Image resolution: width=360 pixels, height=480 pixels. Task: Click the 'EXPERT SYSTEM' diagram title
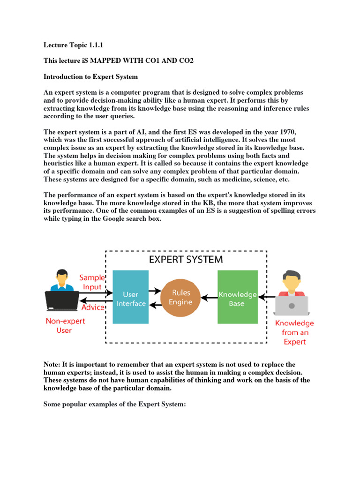pyautogui.click(x=186, y=259)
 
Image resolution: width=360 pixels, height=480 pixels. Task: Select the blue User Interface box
pyautogui.click(x=130, y=297)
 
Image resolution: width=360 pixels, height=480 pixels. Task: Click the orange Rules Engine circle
pyautogui.click(x=180, y=297)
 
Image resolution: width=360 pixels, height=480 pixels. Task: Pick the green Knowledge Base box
pyautogui.click(x=237, y=297)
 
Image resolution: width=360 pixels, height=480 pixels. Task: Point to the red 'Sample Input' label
pyautogui.click(x=92, y=282)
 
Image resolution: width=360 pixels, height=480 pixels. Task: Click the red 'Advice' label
pyautogui.click(x=93, y=307)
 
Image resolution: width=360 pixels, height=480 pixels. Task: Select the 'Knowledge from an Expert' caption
pyautogui.click(x=294, y=332)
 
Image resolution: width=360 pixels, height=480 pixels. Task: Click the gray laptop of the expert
pyautogui.click(x=291, y=306)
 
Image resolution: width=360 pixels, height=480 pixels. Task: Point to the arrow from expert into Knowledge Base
pyautogui.click(x=267, y=297)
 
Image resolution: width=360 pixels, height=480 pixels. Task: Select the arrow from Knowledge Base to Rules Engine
pyautogui.click(x=208, y=297)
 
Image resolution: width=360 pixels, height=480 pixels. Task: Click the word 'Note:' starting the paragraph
pyautogui.click(x=53, y=364)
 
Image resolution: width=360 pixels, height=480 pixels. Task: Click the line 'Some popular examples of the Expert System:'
pyautogui.click(x=115, y=403)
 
